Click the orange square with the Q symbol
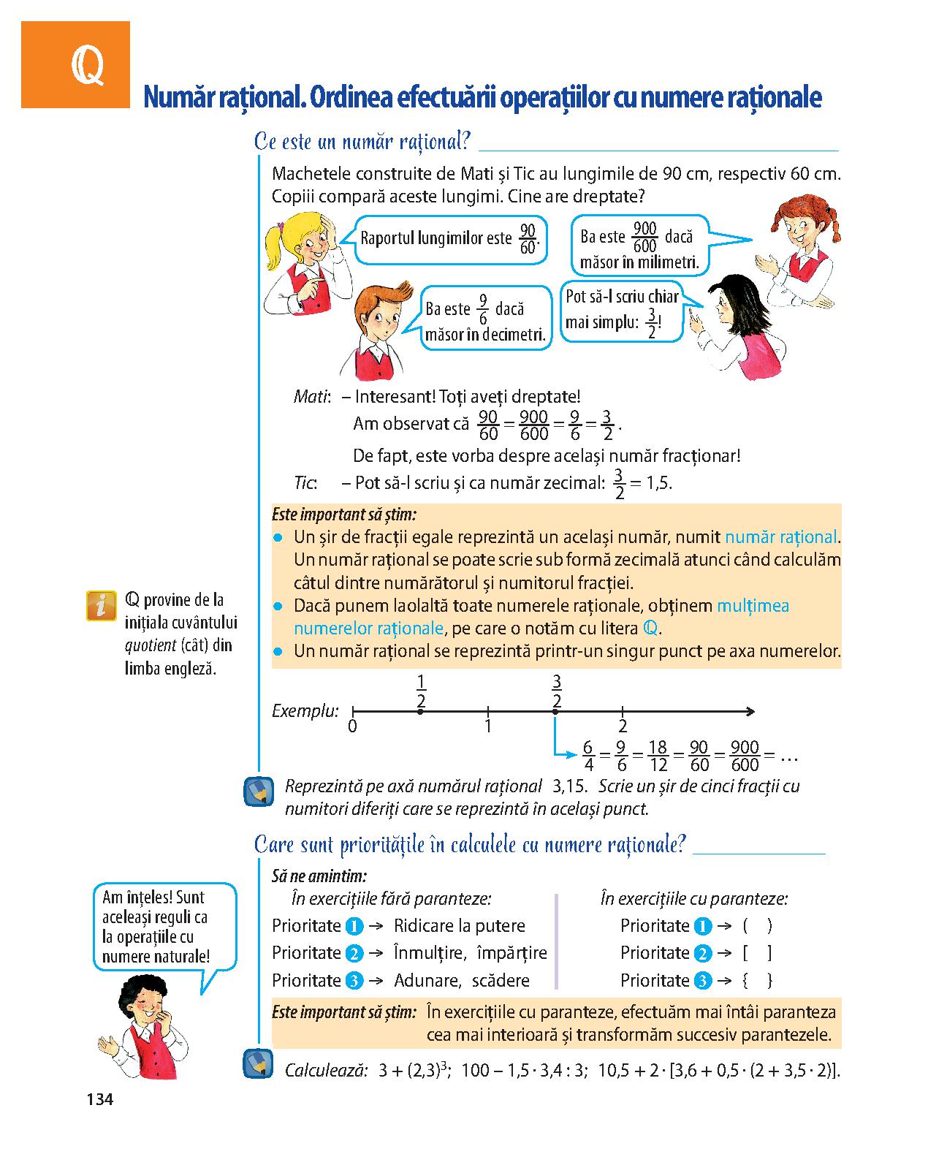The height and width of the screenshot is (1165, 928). pos(75,65)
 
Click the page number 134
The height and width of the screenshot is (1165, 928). pos(100,1098)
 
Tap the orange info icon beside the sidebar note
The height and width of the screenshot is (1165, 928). pos(102,605)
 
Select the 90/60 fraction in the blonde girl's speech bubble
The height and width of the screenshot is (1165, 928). pos(528,238)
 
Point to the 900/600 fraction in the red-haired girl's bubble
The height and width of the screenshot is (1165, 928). pos(644,238)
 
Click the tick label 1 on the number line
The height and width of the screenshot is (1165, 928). pos(487,727)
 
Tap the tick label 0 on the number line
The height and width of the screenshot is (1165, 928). pos(353,727)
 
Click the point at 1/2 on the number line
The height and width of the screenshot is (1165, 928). pos(420,711)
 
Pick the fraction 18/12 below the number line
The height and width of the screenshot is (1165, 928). pos(657,756)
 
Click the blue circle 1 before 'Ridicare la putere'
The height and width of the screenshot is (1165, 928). pos(354,927)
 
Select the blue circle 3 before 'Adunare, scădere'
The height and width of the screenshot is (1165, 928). pos(354,981)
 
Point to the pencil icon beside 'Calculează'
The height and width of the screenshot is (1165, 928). pos(257,1064)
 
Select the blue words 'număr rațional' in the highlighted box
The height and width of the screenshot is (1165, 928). pos(780,537)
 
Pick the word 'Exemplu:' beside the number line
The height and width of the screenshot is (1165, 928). pos(305,710)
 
